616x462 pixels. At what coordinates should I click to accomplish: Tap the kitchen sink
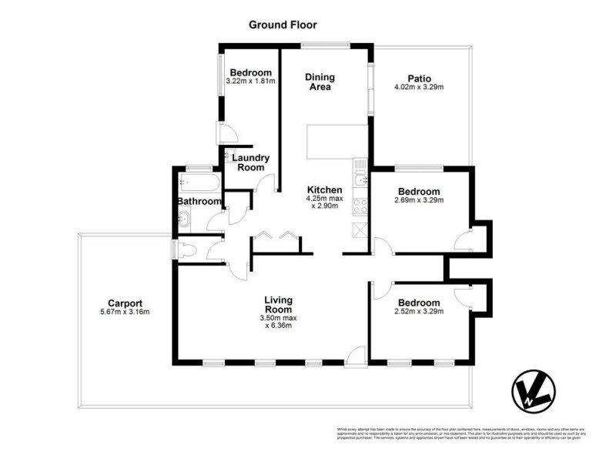pyautogui.click(x=360, y=180)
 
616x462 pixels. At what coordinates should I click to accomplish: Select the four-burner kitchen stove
pyautogui.click(x=360, y=206)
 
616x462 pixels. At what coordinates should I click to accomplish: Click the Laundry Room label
pyautogui.click(x=250, y=162)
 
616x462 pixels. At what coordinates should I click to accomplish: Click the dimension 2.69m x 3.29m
pyautogui.click(x=418, y=201)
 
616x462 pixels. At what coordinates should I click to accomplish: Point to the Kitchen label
pyautogui.click(x=324, y=189)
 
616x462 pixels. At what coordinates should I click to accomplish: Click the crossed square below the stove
pyautogui.click(x=360, y=229)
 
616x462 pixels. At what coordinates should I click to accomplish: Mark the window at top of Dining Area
pyautogui.click(x=325, y=45)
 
